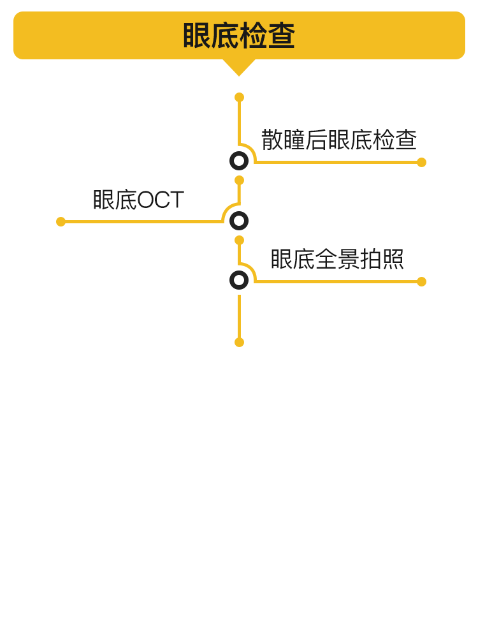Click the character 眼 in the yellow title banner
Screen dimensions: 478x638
coord(197,36)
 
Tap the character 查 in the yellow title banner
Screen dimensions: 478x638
coord(281,36)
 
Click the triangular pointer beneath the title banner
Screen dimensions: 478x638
coord(239,67)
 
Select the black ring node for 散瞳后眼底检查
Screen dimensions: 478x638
coord(239,161)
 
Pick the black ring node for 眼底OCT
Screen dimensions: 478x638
coord(239,221)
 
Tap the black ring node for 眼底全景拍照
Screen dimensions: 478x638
coord(239,280)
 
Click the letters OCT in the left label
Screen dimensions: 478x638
coord(161,200)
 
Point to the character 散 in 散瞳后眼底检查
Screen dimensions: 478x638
coord(272,140)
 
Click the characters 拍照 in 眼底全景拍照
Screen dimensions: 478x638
coord(382,259)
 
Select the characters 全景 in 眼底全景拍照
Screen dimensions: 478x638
coord(337,259)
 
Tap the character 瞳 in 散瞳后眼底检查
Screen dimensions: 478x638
coord(294,140)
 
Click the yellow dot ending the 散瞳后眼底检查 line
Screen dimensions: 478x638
coord(421,162)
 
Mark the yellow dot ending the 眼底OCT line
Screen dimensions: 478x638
coord(61,222)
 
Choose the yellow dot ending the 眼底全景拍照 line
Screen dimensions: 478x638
coord(421,281)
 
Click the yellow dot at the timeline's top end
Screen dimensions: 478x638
coord(240,97)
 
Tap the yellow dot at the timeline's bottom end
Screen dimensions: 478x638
coord(240,342)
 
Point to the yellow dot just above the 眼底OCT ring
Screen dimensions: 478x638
coord(240,181)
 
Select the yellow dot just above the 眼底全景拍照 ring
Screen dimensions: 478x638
coord(240,241)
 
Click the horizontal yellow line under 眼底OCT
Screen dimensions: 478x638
coord(142,222)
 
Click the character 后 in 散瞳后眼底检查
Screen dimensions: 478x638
coord(317,140)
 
